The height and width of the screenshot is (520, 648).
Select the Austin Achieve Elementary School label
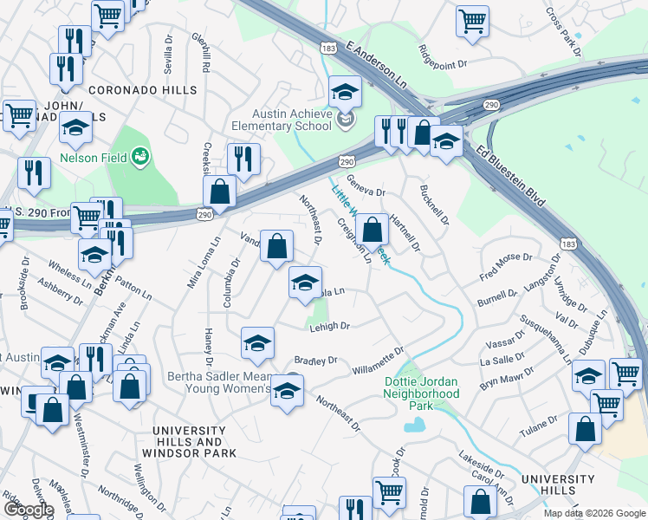point(292,120)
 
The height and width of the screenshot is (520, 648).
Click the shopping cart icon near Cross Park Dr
point(472,22)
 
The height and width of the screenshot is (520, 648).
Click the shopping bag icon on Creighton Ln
point(372,231)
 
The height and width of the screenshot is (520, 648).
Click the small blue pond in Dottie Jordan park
point(415,425)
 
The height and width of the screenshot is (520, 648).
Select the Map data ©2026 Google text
point(593,513)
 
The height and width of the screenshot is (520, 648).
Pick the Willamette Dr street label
point(379,361)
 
